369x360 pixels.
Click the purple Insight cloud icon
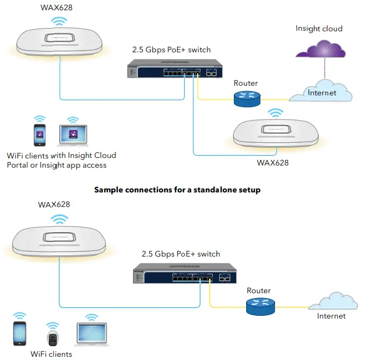[322, 50]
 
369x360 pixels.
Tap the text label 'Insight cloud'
[319, 29]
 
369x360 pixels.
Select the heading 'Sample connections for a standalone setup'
[177, 190]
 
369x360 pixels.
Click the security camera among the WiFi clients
[53, 338]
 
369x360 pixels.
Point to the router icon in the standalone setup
[260, 306]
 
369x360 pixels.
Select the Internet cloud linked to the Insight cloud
[322, 92]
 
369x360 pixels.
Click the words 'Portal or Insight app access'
[57, 165]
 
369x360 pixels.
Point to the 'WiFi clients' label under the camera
[51, 354]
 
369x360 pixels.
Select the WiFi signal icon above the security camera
[52, 327]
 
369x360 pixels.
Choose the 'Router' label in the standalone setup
[259, 290]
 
